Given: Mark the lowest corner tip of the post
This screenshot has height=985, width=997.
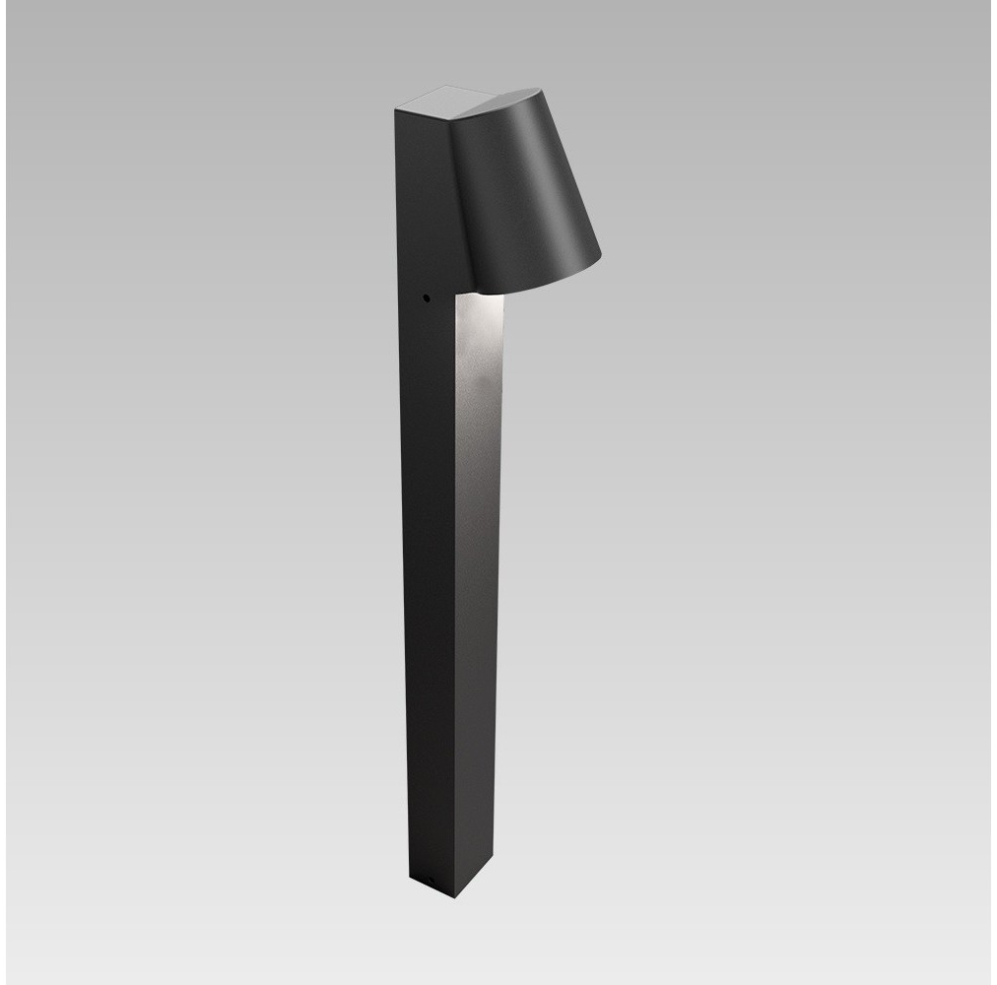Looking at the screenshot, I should [x=454, y=897].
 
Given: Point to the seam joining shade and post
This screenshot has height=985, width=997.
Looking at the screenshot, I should [x=456, y=197].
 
